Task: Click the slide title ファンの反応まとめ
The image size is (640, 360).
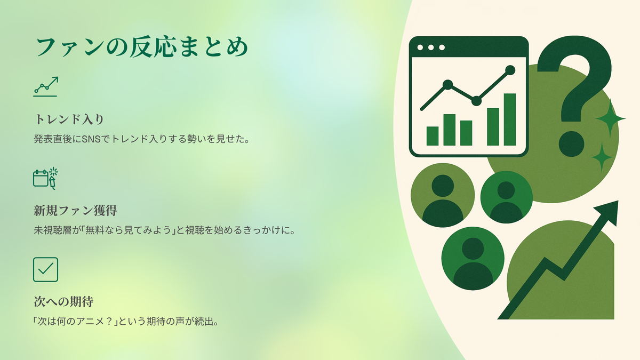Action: (x=142, y=47)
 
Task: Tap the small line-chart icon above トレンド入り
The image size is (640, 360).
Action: (x=46, y=86)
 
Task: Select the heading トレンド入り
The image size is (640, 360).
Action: (x=69, y=119)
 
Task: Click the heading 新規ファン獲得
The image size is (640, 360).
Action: (x=75, y=211)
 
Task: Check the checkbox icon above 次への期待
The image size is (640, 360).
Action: (x=46, y=269)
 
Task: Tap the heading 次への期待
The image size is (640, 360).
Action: (x=63, y=302)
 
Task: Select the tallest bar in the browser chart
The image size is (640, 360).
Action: (x=510, y=119)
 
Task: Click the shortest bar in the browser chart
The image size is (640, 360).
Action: (x=433, y=136)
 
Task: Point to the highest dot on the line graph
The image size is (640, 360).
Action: (x=510, y=70)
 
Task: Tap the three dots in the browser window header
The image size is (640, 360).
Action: (x=431, y=47)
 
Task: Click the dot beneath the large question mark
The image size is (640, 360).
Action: (x=571, y=144)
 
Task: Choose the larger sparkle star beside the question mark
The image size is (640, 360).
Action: (x=611, y=118)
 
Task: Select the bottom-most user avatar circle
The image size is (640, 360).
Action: (x=473, y=258)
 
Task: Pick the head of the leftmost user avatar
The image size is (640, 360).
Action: (x=443, y=186)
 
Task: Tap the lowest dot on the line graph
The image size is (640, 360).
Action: (x=476, y=101)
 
